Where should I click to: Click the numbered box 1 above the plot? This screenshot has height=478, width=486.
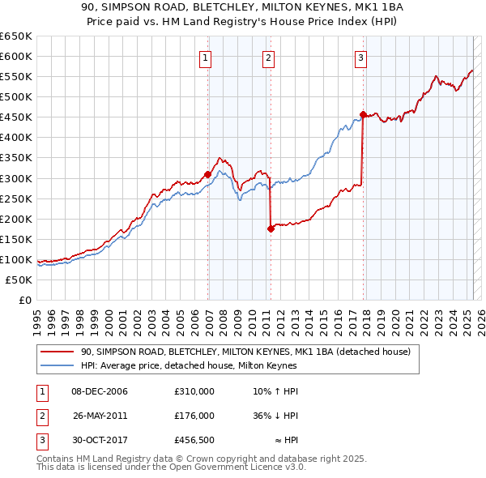click(x=206, y=57)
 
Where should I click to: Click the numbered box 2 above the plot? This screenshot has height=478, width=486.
click(x=268, y=57)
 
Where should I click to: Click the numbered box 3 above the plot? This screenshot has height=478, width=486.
click(x=360, y=57)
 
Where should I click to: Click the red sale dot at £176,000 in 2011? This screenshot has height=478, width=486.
click(x=271, y=228)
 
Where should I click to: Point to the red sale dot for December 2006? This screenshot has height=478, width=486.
click(x=208, y=173)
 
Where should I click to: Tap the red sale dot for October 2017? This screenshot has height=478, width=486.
click(x=363, y=114)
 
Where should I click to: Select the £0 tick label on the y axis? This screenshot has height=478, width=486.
click(x=24, y=301)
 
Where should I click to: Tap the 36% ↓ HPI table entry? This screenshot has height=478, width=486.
click(x=275, y=416)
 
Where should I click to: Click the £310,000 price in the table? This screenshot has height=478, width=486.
click(x=194, y=391)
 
